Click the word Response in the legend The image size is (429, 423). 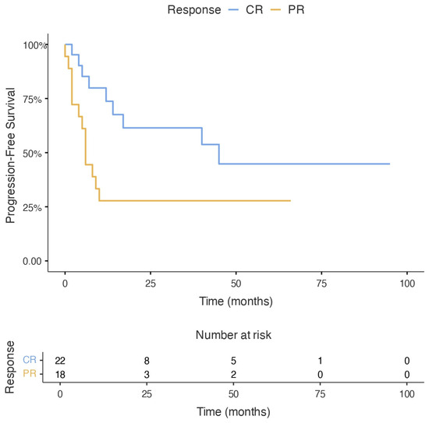pos(194,10)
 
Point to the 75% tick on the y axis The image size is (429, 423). pos(46,98)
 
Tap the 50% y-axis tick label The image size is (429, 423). pos(32,153)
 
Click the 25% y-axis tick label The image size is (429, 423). pos(32,208)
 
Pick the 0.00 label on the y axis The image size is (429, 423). pos(32,261)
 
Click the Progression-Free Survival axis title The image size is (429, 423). pos(10,156)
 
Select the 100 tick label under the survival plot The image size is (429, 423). pos(407,284)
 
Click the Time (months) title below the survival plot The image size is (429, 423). pos(236,301)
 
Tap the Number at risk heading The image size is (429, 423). pos(233,335)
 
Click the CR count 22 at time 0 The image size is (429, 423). pos(60,361)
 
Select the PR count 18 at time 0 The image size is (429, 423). pos(60,375)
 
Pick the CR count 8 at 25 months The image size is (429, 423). pos(147,361)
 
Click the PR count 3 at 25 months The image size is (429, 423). pos(147,375)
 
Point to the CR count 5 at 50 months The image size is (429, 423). pos(233,361)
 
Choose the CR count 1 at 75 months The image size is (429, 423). pos(320,361)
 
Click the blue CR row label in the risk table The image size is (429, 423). pos(30,360)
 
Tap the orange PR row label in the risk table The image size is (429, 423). pos(30,373)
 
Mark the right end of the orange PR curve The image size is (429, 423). pos(291,201)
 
